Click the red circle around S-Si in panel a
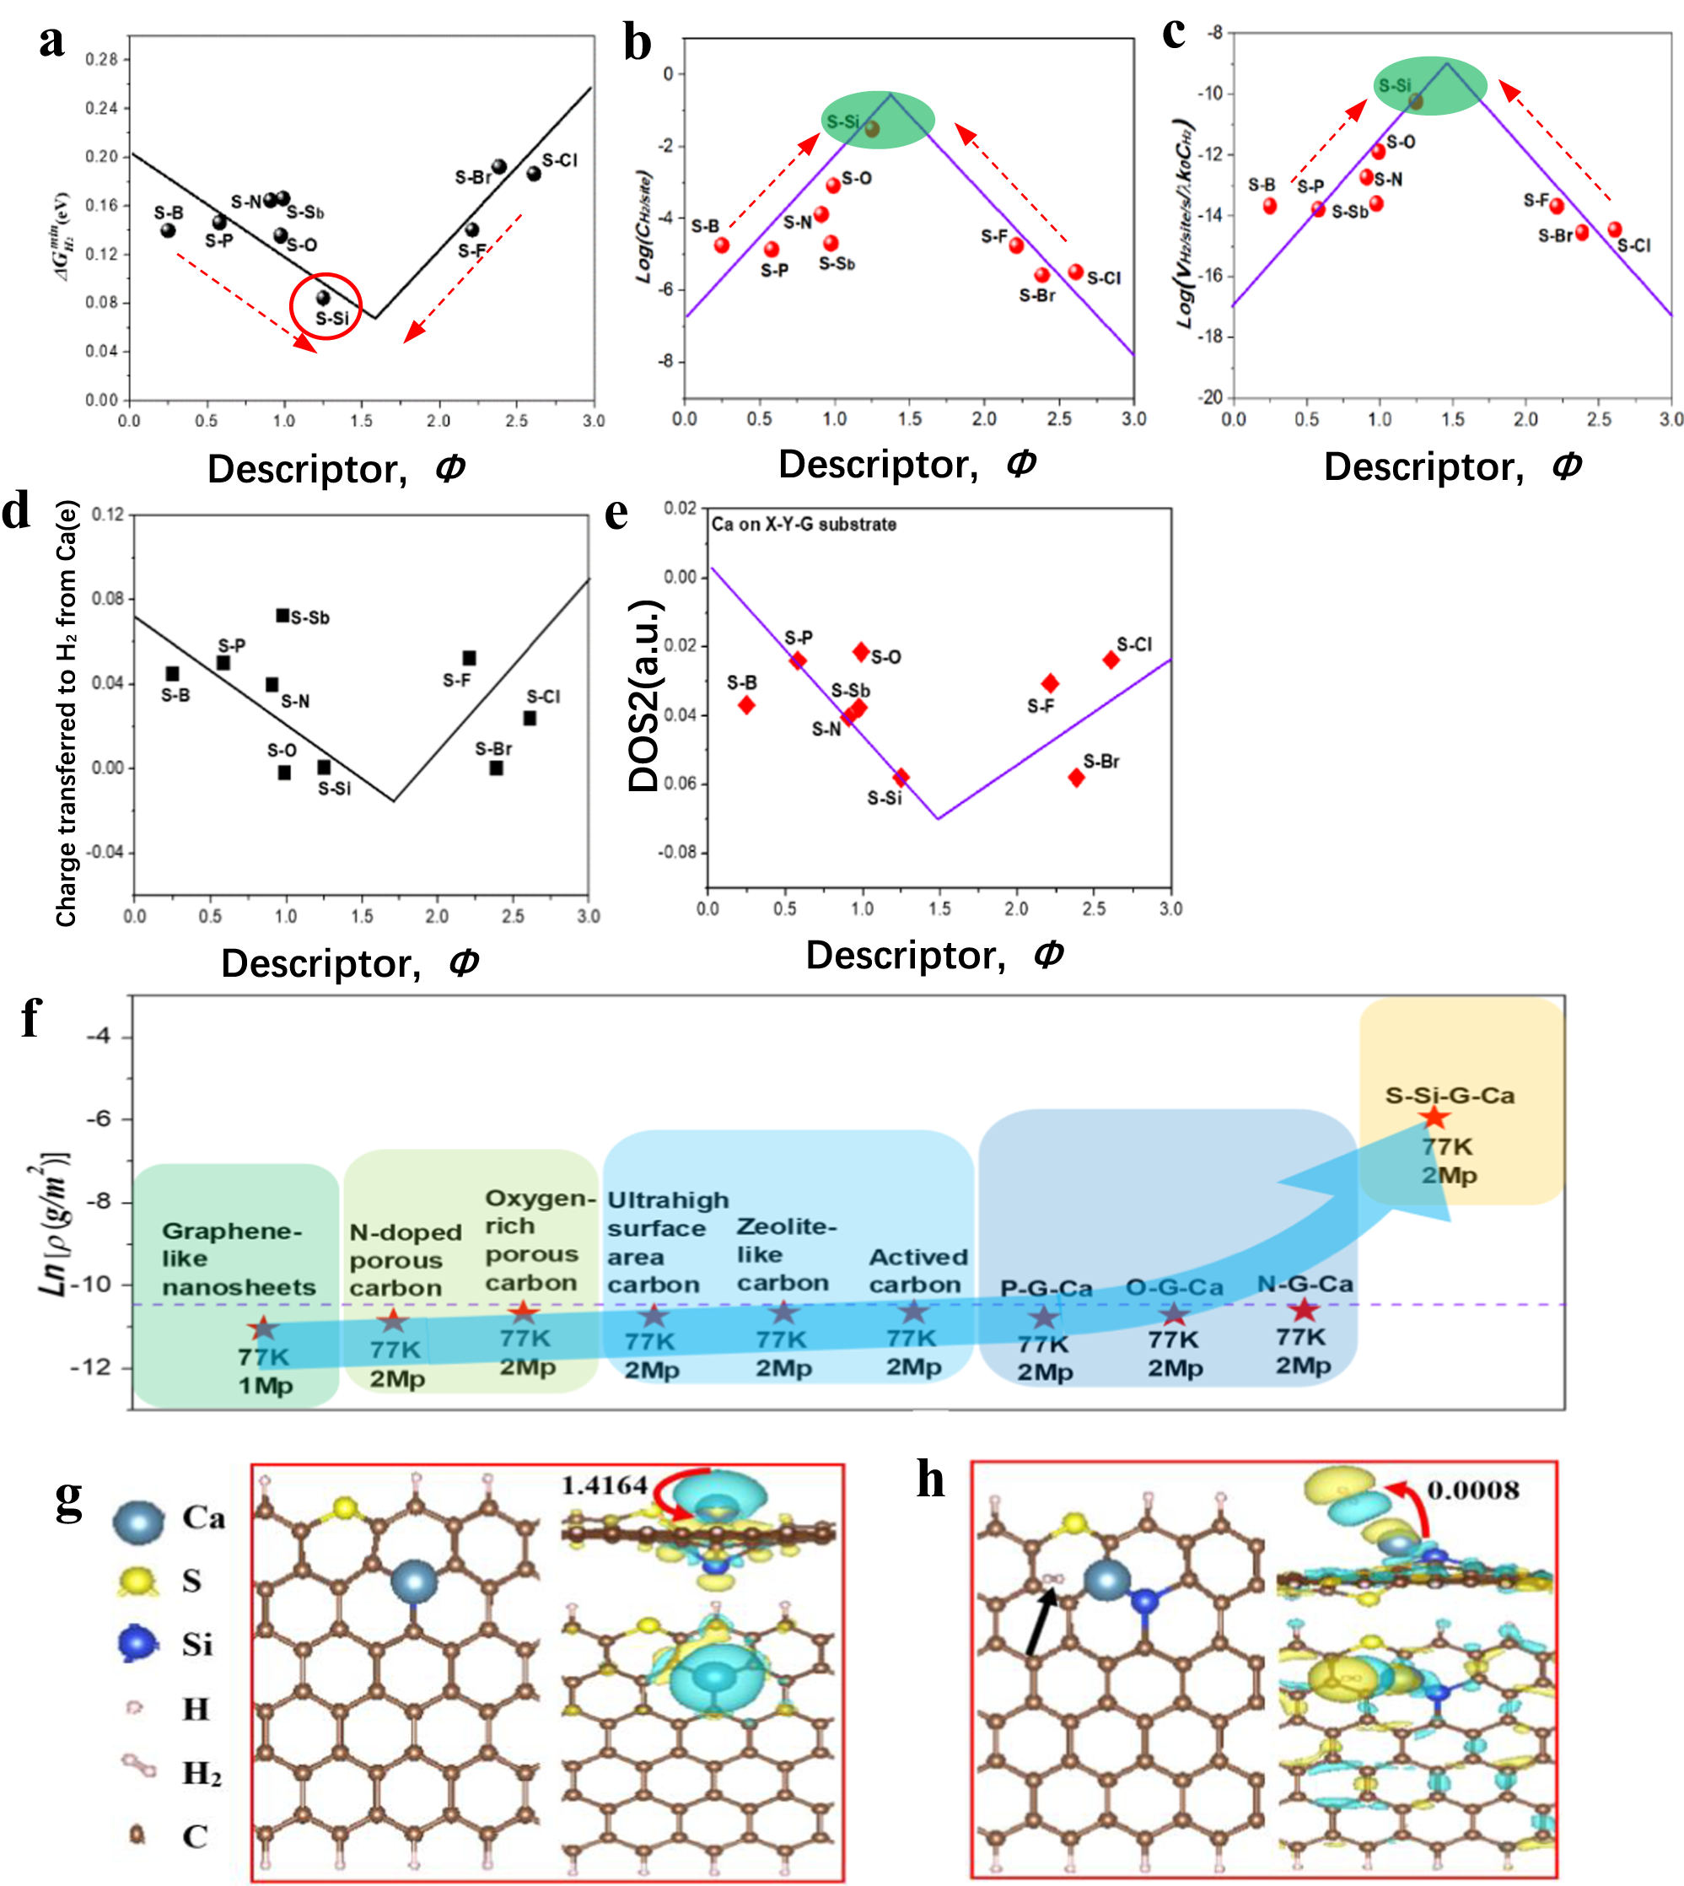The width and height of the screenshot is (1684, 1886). click(x=325, y=306)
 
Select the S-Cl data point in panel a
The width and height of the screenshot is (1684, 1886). click(x=534, y=174)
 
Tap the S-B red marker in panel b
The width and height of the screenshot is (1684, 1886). click(x=722, y=245)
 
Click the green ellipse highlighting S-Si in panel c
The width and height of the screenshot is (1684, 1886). click(x=1429, y=85)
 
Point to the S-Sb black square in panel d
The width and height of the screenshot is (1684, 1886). click(x=283, y=616)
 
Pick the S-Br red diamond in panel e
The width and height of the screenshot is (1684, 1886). click(x=1076, y=778)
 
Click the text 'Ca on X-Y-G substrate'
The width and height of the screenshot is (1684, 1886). click(x=803, y=525)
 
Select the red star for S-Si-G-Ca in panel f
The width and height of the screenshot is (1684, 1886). click(x=1434, y=1118)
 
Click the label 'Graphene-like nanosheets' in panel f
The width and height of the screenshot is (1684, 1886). click(x=238, y=1258)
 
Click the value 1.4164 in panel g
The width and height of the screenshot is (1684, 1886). click(x=605, y=1485)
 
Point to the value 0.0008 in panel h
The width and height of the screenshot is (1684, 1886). click(x=1473, y=1490)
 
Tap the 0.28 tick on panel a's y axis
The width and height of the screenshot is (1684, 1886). click(x=102, y=59)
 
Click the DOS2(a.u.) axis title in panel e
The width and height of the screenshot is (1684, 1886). click(x=644, y=695)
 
